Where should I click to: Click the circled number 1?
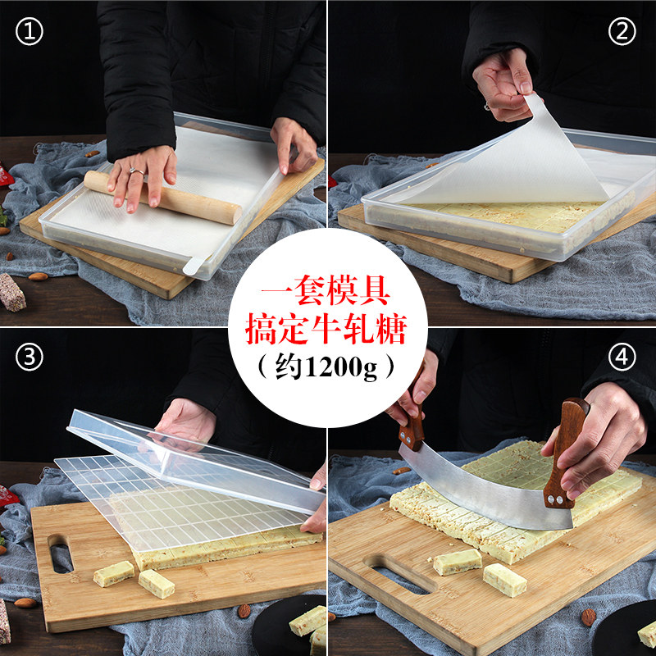coord(30,32)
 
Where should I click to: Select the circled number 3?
coord(30,358)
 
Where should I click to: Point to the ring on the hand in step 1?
coord(133,171)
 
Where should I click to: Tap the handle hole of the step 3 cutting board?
coord(61,553)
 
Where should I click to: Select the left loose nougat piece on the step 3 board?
coord(112,573)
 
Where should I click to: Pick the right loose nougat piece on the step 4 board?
coord(504,579)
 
